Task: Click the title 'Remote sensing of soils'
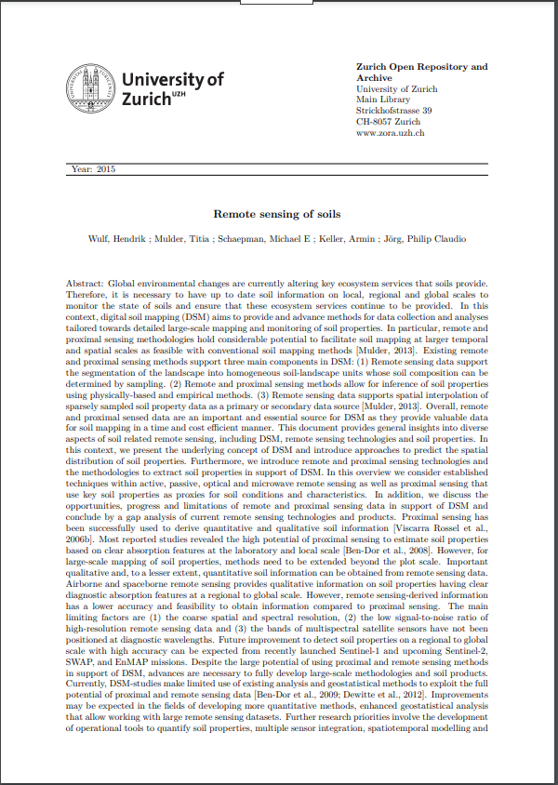click(276, 214)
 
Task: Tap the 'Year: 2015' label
click(93, 168)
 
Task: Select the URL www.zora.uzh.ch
click(391, 134)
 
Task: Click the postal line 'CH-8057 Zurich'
click(389, 123)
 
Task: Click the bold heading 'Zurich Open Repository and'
click(422, 67)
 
